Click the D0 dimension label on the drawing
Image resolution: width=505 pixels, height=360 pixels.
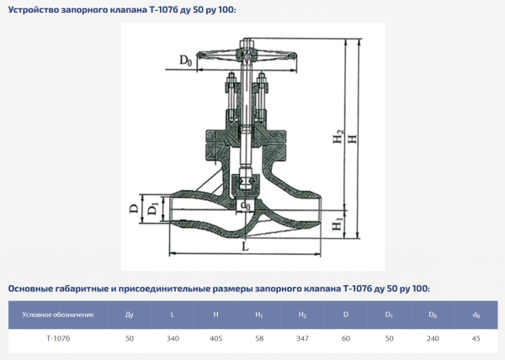click(187, 60)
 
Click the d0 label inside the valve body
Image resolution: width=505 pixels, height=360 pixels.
click(245, 204)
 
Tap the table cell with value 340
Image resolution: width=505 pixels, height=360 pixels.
click(173, 338)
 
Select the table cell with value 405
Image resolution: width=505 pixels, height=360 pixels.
click(215, 338)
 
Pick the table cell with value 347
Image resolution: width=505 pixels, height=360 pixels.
click(302, 338)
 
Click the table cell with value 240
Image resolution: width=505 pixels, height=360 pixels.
click(433, 338)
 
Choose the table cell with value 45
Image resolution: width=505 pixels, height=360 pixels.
click(476, 338)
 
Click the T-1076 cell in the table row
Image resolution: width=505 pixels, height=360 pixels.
click(58, 338)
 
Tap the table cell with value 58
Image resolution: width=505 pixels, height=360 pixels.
click(259, 338)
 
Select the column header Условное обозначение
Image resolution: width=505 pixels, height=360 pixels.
click(58, 315)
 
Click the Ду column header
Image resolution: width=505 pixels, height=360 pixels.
click(130, 315)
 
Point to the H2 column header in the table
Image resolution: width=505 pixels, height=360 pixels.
click(302, 315)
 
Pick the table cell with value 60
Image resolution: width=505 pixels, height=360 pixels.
click(346, 338)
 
